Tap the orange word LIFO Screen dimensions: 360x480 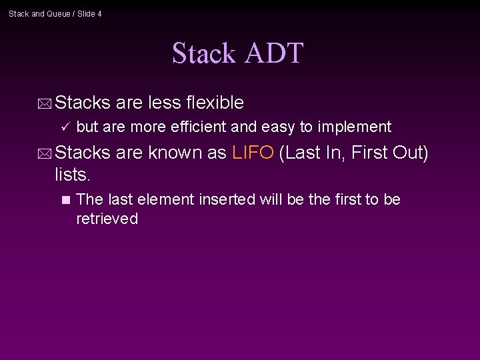253,153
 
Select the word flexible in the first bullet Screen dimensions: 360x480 215,103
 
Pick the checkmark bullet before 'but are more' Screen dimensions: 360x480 64,127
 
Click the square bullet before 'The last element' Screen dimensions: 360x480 65,199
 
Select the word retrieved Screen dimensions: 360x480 107,219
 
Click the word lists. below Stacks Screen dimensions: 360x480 72,175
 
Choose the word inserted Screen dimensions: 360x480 230,199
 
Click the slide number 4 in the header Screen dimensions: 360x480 99,14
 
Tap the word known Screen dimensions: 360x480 175,153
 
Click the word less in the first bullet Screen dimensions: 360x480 163,103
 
